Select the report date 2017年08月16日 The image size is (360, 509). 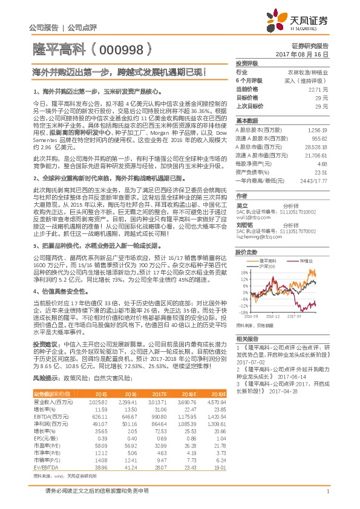tap(301, 54)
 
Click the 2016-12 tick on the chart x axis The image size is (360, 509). tap(273, 315)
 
